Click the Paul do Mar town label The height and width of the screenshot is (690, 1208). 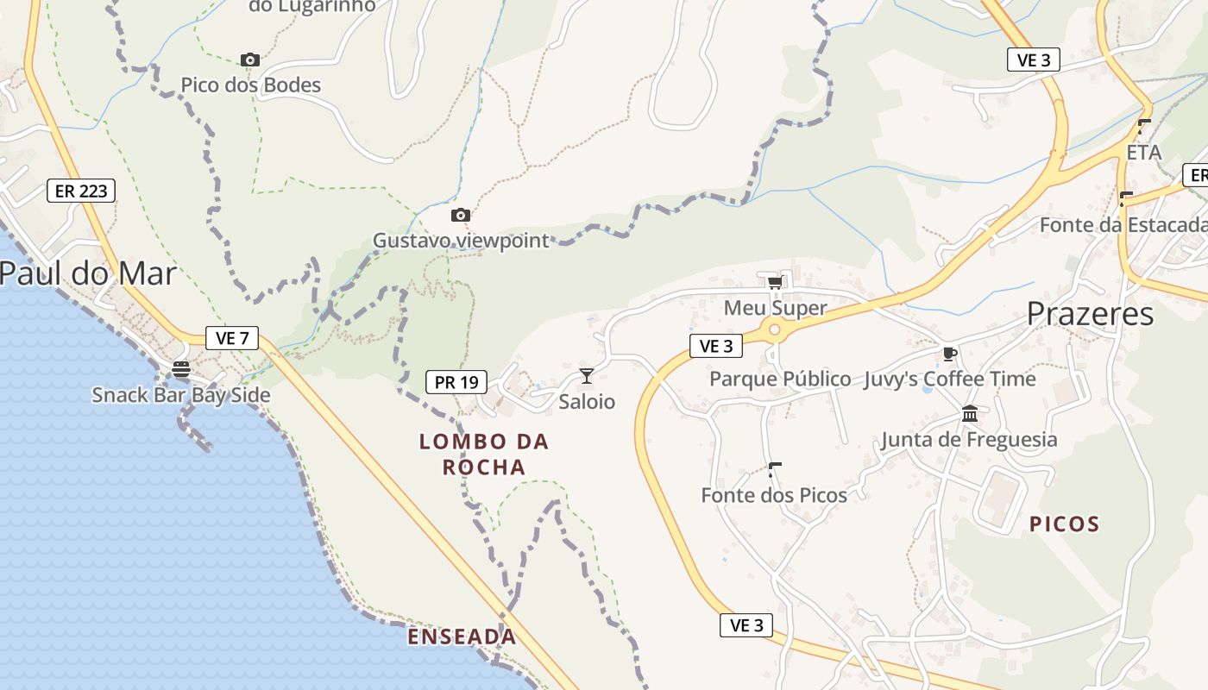click(x=88, y=273)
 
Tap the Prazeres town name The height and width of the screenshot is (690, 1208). click(x=1090, y=314)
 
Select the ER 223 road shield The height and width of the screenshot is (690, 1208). click(x=81, y=191)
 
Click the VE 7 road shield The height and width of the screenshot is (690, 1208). click(x=232, y=338)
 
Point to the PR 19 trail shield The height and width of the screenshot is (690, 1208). click(x=456, y=382)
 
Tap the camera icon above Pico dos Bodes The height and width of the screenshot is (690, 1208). click(x=250, y=60)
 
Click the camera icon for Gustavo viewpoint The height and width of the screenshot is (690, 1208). click(x=461, y=215)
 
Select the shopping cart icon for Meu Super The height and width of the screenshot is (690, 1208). click(x=774, y=283)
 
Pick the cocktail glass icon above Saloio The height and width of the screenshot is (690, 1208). click(x=587, y=375)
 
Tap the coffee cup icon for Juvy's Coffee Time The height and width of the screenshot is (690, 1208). click(x=949, y=354)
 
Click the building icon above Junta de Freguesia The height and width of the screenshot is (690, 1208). click(x=969, y=414)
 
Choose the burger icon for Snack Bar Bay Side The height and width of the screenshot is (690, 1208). click(x=181, y=369)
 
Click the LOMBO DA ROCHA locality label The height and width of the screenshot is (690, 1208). click(x=484, y=455)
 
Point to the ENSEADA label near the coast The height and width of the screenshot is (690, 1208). click(x=462, y=637)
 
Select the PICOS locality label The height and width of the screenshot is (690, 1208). click(x=1065, y=524)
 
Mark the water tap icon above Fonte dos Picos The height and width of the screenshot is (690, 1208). click(x=774, y=470)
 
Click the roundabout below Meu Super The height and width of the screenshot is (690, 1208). click(x=774, y=329)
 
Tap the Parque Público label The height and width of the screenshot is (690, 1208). click(x=780, y=379)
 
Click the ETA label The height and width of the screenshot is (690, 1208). click(x=1144, y=153)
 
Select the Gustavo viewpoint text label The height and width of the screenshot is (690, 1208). click(x=461, y=241)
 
